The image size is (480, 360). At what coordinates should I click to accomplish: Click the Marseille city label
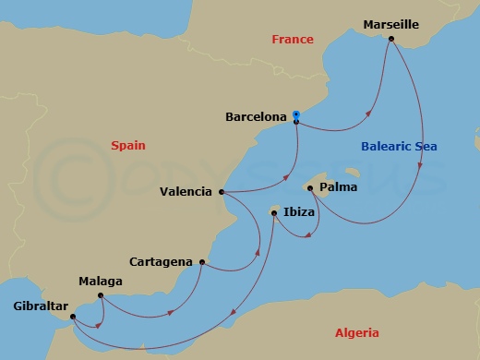pos(391,24)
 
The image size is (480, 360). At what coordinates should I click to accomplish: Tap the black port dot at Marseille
pos(392,39)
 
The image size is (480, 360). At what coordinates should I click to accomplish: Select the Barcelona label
pos(256,117)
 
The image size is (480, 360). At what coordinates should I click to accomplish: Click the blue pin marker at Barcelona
pos(295,115)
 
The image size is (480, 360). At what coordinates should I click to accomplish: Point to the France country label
pos(292,39)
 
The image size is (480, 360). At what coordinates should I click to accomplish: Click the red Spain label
pos(128,145)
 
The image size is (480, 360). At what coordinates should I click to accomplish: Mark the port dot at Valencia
pos(222,193)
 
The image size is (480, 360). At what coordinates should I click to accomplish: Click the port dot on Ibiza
pos(274,212)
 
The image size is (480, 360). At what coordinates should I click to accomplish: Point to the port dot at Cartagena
pos(201,262)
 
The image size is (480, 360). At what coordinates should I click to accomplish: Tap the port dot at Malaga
pos(100,296)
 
